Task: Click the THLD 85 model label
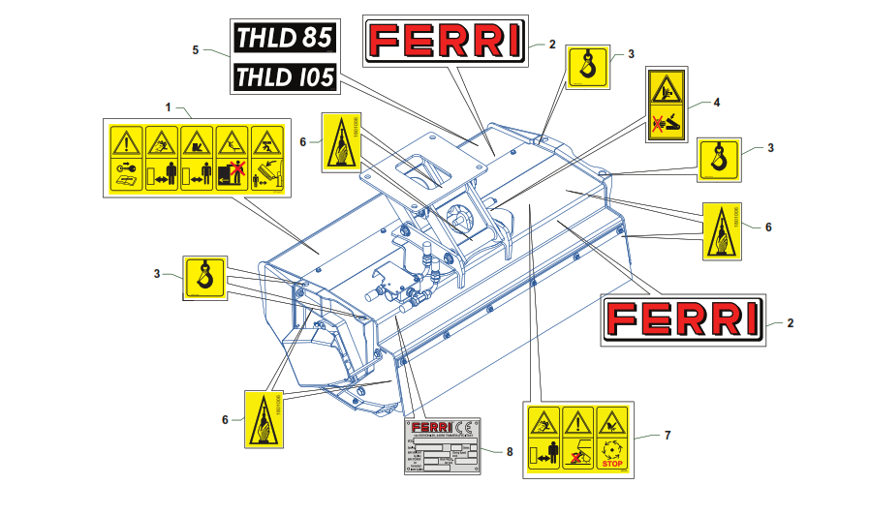point(285,39)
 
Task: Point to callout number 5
point(196,49)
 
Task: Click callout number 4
point(717,102)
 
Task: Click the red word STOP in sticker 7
point(611,464)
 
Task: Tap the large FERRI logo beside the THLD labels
point(447,40)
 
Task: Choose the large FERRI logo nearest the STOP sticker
point(683,318)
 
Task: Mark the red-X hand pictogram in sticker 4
point(666,123)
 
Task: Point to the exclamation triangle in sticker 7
point(577,421)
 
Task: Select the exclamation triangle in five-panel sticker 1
point(125,141)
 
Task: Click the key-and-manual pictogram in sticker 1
point(125,174)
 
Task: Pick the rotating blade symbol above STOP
point(611,449)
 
